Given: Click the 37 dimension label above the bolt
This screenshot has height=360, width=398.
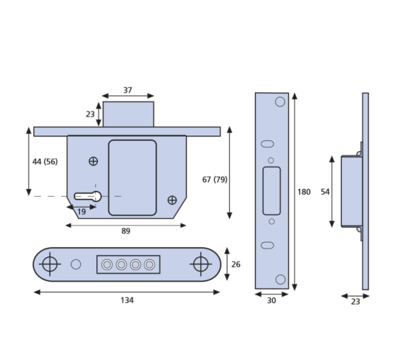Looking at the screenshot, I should pyautogui.click(x=127, y=90).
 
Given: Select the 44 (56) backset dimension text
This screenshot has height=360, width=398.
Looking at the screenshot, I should pyautogui.click(x=45, y=162).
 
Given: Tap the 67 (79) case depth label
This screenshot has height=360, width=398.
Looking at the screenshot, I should pyautogui.click(x=215, y=179).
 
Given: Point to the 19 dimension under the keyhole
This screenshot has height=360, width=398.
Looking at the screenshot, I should pyautogui.click(x=81, y=212).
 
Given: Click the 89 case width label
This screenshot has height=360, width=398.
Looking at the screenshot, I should pyautogui.click(x=126, y=231).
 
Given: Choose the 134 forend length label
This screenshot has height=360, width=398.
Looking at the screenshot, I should pyautogui.click(x=127, y=300).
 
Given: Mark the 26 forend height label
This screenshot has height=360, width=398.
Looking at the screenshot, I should pyautogui.click(x=236, y=264).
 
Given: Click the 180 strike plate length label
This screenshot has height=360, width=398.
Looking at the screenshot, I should pyautogui.click(x=304, y=192).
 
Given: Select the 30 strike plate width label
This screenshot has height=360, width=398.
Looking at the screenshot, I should pyautogui.click(x=271, y=301).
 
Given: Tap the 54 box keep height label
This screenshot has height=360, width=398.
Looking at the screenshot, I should pyautogui.click(x=325, y=192).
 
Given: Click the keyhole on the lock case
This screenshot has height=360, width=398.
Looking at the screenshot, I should pyautogui.click(x=88, y=196).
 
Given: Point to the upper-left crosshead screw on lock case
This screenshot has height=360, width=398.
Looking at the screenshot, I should pyautogui.click(x=93, y=161).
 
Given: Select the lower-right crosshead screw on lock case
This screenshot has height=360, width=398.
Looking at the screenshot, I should pyautogui.click(x=172, y=200).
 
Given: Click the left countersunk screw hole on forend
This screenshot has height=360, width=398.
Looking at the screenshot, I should pyautogui.click(x=50, y=264).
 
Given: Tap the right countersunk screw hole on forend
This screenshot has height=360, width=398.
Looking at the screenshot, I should pyautogui.click(x=201, y=264).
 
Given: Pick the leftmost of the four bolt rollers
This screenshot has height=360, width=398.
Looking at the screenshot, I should pyautogui.click(x=107, y=265).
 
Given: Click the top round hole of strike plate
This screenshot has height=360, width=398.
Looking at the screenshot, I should pyautogui.click(x=280, y=102).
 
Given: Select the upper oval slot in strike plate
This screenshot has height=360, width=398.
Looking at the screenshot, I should pyautogui.click(x=267, y=144).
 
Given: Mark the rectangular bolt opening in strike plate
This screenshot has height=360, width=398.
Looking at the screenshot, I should pyautogui.click(x=271, y=191).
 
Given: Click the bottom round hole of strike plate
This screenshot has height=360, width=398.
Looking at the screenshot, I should pyautogui.click(x=280, y=279).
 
